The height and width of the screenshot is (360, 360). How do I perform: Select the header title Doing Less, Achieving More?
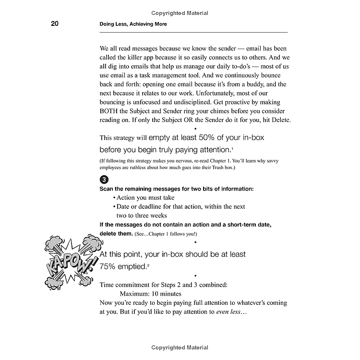coord(133,24)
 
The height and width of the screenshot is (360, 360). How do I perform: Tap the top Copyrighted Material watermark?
coord(180,13)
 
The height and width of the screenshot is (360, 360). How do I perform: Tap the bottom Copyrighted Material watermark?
coord(180,348)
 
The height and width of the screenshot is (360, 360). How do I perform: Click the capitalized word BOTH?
coord(111,111)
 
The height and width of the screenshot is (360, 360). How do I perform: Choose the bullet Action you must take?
coord(144,198)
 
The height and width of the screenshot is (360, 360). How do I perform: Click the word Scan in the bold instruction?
coord(108,189)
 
